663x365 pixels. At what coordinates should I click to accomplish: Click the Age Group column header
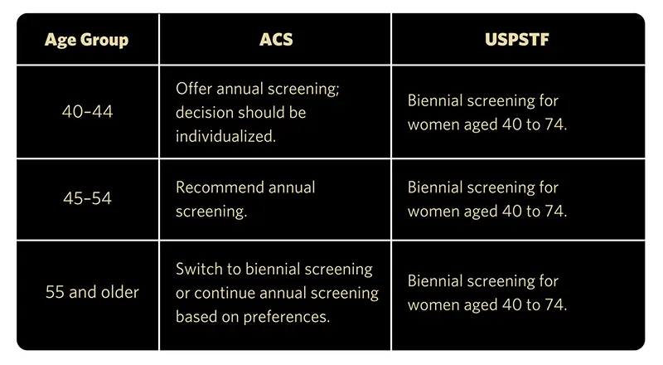pos(86,40)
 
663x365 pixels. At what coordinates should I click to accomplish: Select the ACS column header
pos(276,39)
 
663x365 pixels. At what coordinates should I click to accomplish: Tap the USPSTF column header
pos(516,39)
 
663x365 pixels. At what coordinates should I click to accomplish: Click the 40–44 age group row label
pos(87,112)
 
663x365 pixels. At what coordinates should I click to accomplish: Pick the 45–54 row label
pos(87,198)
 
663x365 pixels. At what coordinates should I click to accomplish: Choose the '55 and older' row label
pos(92,292)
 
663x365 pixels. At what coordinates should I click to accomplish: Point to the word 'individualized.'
pos(225,136)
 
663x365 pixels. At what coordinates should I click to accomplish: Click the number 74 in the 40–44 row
pos(555,124)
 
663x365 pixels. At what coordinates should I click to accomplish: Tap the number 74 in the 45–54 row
pos(555,212)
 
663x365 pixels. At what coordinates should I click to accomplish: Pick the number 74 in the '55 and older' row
pos(555,305)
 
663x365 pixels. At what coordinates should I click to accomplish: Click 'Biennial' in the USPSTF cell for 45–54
pos(434,187)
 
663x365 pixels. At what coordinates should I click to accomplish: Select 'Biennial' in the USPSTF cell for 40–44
pos(434,100)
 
